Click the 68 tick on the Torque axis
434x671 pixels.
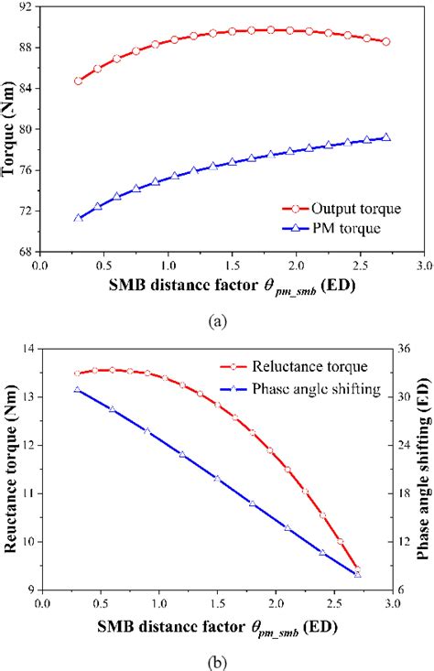click(x=23, y=252)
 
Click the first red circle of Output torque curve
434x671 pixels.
click(x=78, y=81)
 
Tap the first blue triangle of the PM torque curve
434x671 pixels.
click(x=78, y=218)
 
